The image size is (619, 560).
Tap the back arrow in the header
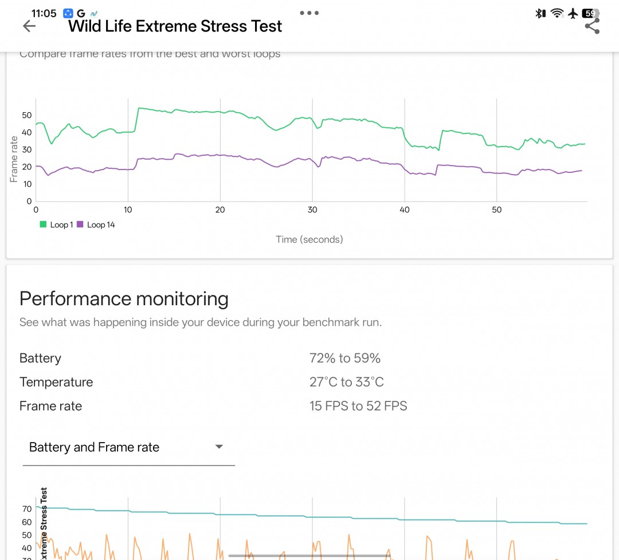(x=29, y=26)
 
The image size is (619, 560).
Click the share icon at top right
(x=592, y=26)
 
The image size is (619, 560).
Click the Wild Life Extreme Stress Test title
(x=175, y=26)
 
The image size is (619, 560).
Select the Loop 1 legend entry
(x=56, y=225)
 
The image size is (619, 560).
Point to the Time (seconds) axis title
(x=309, y=239)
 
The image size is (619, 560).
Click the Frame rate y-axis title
(x=14, y=159)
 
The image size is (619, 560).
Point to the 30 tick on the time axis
(x=312, y=210)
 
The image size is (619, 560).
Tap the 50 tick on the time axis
(x=496, y=210)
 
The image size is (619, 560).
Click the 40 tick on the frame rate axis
(x=26, y=132)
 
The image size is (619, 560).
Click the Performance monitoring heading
(x=124, y=299)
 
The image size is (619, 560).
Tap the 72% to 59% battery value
(x=344, y=358)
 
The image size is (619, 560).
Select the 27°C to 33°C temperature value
(x=346, y=382)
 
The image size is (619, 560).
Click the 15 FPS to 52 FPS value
(x=358, y=407)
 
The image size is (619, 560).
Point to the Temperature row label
(x=56, y=382)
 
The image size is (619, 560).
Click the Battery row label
(x=40, y=358)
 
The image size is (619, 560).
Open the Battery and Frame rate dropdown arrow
(x=218, y=447)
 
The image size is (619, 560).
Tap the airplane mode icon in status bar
(x=573, y=13)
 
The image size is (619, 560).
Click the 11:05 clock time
(x=44, y=13)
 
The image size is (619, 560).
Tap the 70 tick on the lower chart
(x=26, y=509)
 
